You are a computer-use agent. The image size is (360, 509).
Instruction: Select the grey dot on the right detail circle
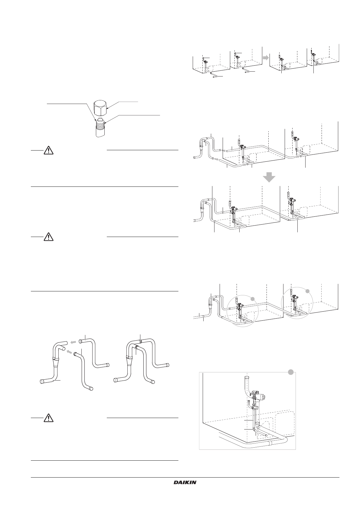click(307, 291)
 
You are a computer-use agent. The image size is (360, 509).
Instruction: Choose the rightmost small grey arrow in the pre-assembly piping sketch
click(297, 157)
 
